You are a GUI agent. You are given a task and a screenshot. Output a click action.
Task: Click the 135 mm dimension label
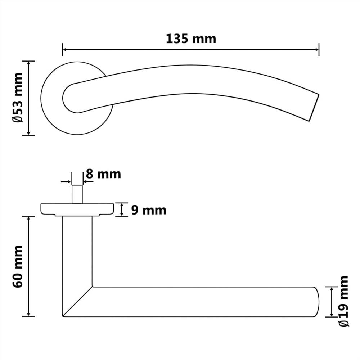tap(191, 39)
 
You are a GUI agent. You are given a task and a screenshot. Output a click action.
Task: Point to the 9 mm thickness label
tap(148, 210)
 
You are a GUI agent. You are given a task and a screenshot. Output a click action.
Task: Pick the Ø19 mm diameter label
tap(344, 301)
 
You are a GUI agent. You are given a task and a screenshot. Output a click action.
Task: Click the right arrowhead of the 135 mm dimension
tap(316, 49)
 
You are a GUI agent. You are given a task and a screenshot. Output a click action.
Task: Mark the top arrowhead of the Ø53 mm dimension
tap(28, 63)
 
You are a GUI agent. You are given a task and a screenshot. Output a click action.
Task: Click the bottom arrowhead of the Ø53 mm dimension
tap(28, 133)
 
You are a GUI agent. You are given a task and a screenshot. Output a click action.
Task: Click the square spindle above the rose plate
tap(77, 194)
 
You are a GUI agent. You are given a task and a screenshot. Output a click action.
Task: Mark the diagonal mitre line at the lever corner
tap(77, 302)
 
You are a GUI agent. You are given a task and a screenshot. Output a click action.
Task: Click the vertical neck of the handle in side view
tap(77, 252)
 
